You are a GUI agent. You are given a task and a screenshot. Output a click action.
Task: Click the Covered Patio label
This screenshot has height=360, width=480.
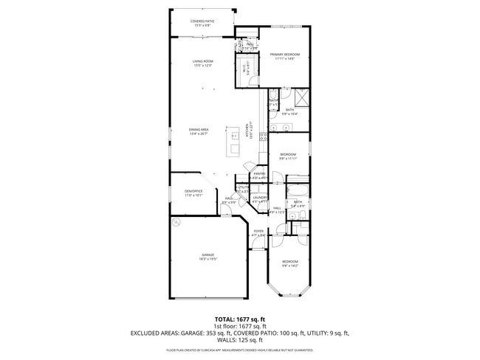point(202,24)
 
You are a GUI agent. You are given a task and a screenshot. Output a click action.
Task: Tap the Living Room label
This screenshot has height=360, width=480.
point(203,63)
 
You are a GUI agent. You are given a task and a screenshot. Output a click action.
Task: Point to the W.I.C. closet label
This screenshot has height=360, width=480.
point(246,69)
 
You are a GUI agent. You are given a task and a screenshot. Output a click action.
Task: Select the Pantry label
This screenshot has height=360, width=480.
point(259,176)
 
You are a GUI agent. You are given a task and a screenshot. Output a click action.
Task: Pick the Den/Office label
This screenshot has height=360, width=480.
point(193,193)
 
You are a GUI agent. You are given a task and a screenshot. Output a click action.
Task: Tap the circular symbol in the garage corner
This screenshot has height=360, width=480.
point(176,221)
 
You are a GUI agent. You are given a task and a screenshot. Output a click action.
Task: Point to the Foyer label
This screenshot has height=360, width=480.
point(258,233)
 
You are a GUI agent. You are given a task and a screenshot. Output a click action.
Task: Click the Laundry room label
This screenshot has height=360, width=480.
point(260,199)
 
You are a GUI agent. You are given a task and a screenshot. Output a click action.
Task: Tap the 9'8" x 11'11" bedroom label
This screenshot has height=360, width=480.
point(288,156)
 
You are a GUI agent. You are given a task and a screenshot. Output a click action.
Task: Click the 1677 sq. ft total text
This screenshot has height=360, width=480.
point(240,319)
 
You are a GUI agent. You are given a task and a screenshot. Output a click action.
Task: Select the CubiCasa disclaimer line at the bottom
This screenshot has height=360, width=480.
point(240,350)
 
